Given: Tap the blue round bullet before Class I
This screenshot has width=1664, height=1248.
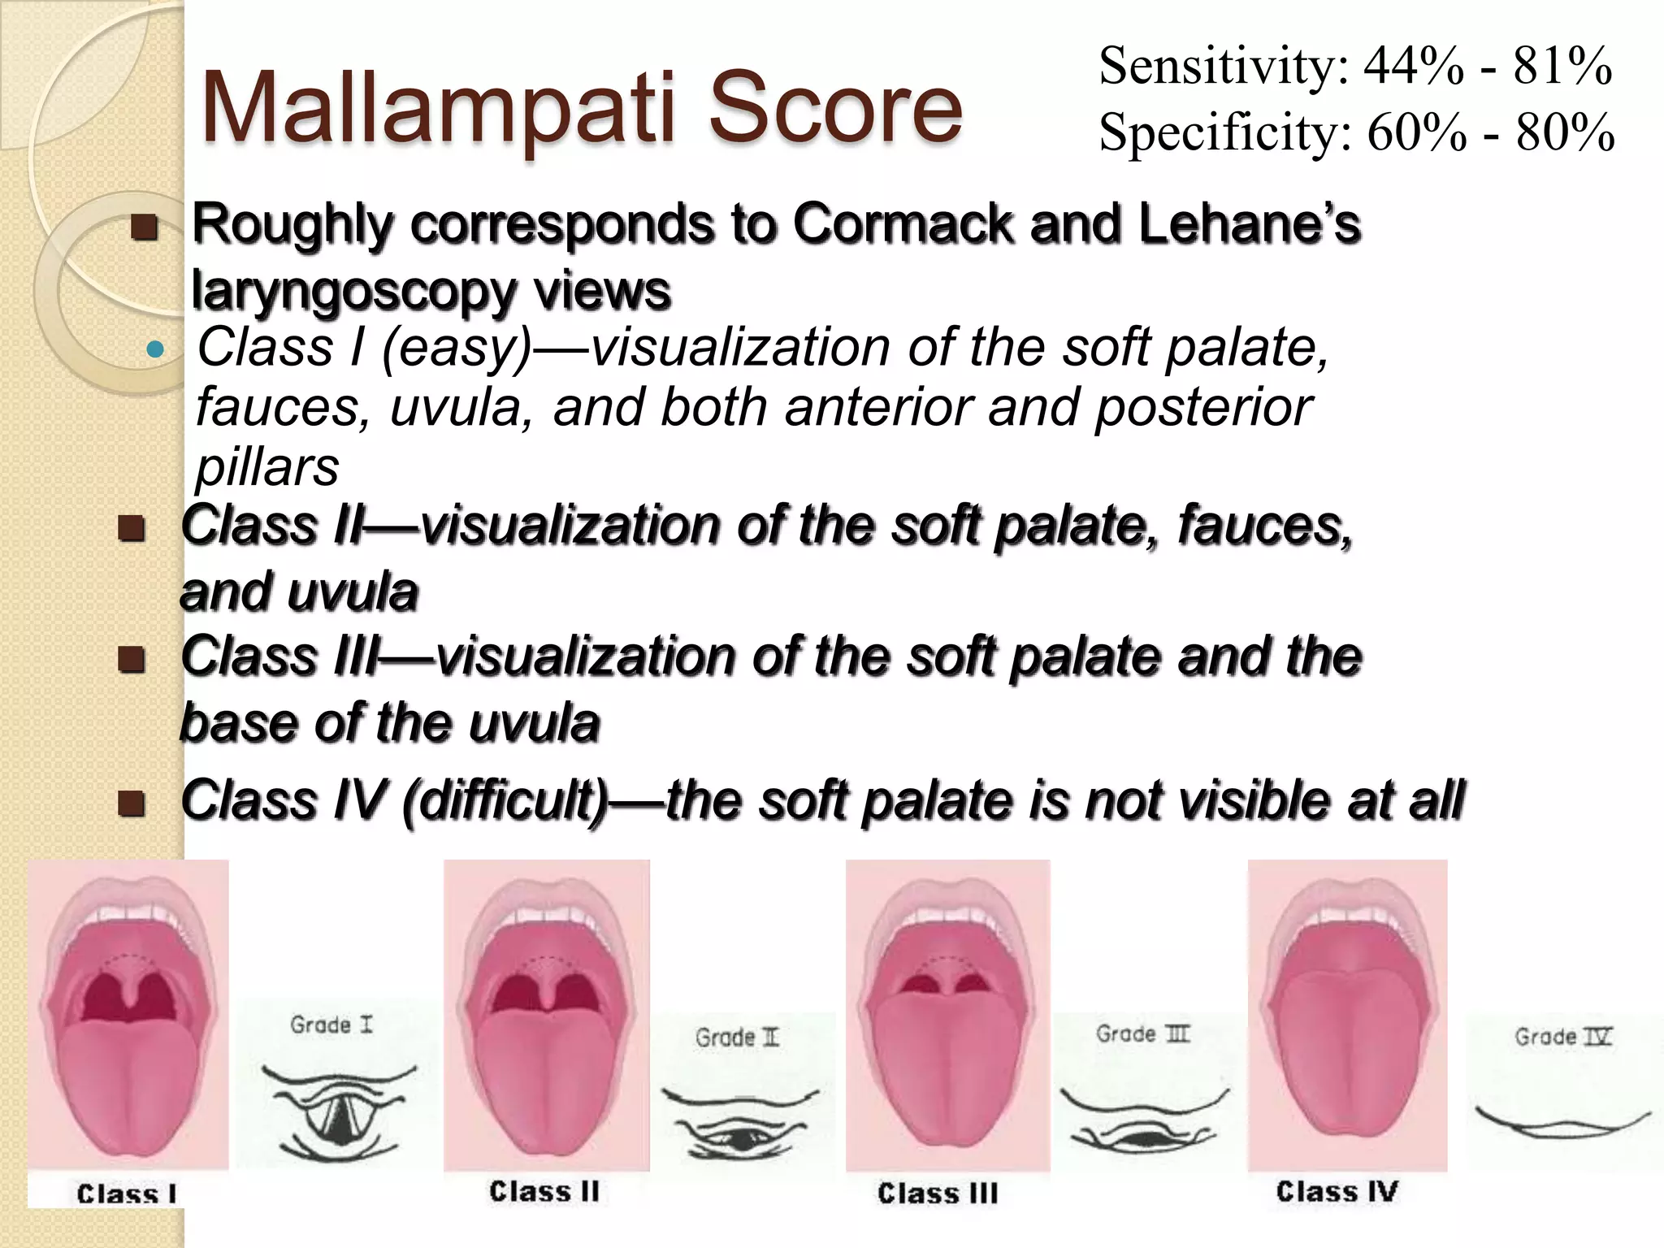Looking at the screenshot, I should tap(154, 350).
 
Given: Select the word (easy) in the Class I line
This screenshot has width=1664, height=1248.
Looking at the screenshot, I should tap(456, 348).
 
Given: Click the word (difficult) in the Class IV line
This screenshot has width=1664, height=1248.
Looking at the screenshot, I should tap(505, 800).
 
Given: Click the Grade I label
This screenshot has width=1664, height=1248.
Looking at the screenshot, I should tap(331, 1025).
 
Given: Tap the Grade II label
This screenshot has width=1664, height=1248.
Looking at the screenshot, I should tap(737, 1038).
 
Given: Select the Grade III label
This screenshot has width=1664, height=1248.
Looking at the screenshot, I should tap(1142, 1034).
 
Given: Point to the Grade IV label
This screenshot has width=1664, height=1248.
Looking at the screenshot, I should tap(1562, 1037).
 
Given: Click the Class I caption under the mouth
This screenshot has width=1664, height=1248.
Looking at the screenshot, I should tap(127, 1194).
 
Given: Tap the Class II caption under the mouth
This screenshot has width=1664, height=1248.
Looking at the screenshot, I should tap(544, 1191).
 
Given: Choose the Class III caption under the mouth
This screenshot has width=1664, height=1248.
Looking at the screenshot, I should tap(938, 1193).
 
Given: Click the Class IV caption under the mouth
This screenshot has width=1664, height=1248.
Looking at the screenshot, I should tap(1337, 1191).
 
